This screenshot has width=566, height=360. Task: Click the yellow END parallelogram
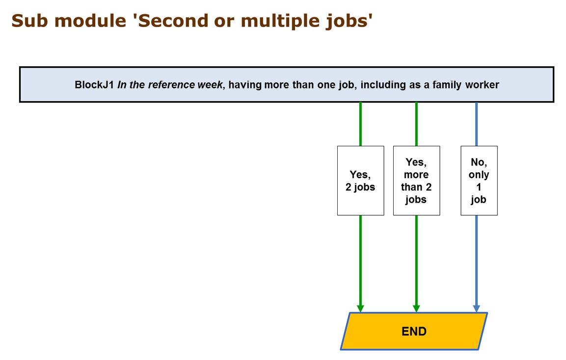414,331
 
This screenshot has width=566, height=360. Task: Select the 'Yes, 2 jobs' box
361,181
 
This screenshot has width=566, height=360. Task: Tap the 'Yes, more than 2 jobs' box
417,181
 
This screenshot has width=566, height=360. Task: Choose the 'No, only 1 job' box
479,181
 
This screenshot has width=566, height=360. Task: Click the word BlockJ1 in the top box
94,85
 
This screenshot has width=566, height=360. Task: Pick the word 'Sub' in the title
29,21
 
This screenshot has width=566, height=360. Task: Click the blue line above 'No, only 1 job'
477,124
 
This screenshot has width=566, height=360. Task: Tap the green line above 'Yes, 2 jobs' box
360,124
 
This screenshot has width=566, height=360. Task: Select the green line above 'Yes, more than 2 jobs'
416,124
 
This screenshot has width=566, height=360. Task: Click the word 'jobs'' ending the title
349,22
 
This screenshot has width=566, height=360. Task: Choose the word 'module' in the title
90,21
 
